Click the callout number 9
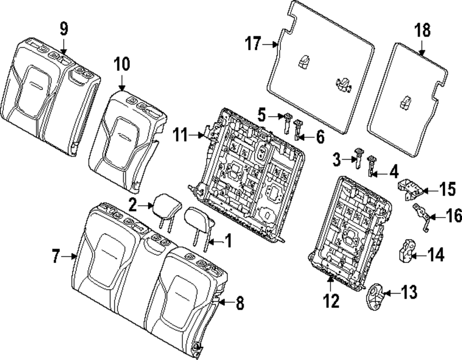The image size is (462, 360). point(64,29)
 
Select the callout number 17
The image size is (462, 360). point(253,44)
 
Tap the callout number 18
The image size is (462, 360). point(422,31)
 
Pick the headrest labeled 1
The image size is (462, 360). point(200,219)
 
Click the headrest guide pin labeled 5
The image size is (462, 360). point(287,121)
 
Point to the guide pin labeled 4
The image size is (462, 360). point(371,166)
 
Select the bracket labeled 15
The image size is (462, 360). point(409,188)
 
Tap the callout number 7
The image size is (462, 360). point(56,255)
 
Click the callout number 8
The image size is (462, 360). point(239,303)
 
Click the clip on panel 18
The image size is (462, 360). point(406,103)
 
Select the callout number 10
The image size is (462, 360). point(122,65)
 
